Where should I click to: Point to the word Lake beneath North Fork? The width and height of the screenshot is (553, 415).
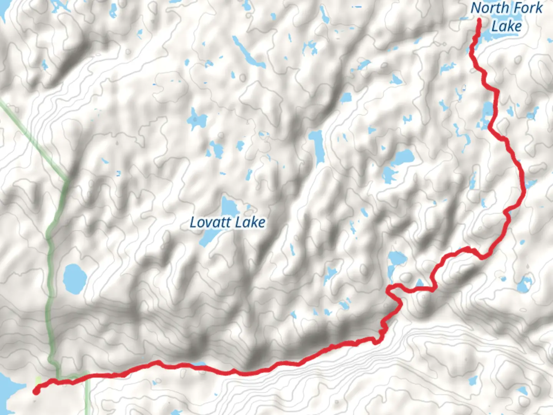pos(507,26)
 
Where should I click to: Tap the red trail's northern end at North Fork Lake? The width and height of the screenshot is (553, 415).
pos(479,20)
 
